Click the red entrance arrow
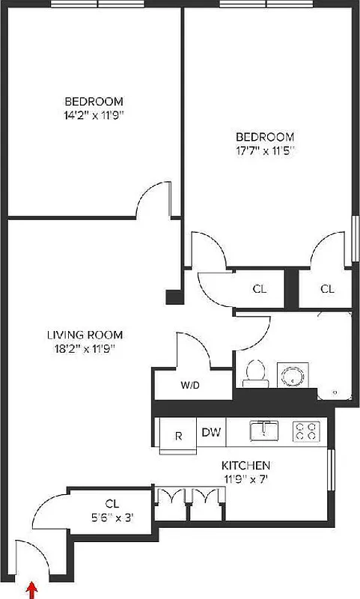click(31, 592)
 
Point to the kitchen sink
click(264, 430)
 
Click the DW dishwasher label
click(210, 431)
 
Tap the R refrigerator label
click(178, 436)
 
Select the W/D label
click(190, 386)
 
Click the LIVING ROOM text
click(83, 335)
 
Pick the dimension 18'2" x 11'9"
click(83, 347)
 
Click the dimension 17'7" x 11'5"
click(265, 150)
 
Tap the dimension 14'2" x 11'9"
click(94, 115)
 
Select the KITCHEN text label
click(245, 464)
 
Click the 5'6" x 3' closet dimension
click(112, 516)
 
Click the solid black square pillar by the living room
click(174, 296)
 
